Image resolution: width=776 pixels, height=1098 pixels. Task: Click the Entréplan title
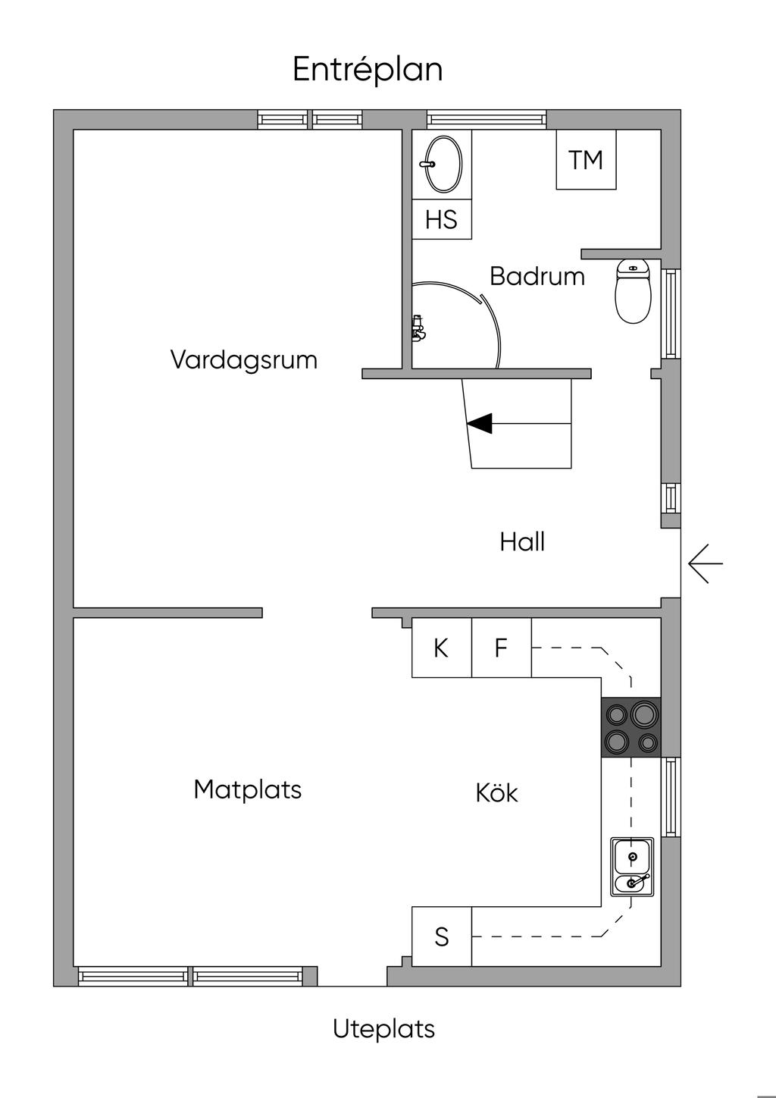click(x=368, y=70)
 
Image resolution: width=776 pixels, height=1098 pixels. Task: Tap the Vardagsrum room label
click(x=243, y=359)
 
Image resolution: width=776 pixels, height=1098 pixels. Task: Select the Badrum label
click(x=537, y=276)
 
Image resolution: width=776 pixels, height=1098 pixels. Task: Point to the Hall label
click(x=522, y=542)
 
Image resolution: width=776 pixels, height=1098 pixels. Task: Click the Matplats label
click(x=247, y=789)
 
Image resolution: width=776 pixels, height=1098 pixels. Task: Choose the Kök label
click(x=496, y=793)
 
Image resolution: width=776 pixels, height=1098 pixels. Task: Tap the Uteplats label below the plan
click(x=383, y=1029)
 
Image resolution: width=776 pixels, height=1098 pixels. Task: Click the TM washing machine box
click(x=586, y=160)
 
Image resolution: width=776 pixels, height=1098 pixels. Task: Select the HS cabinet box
click(x=442, y=220)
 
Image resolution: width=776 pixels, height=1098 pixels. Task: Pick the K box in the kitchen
click(x=441, y=648)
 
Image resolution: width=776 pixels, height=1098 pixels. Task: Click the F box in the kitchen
click(x=501, y=648)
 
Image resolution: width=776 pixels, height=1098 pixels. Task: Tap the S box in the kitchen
click(x=442, y=937)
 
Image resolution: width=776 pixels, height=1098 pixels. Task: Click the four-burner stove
click(x=631, y=727)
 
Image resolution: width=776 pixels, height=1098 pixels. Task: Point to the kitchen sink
click(x=632, y=867)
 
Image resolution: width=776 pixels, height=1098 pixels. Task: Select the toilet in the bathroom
click(x=633, y=292)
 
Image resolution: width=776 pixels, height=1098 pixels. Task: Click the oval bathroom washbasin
click(x=443, y=164)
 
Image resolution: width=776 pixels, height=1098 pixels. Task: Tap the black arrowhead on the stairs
click(x=480, y=424)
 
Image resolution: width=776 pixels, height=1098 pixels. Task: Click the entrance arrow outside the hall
click(x=705, y=564)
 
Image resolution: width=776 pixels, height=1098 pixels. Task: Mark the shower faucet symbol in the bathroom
click(x=418, y=328)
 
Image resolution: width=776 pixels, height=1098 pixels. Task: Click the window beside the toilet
click(x=671, y=313)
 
